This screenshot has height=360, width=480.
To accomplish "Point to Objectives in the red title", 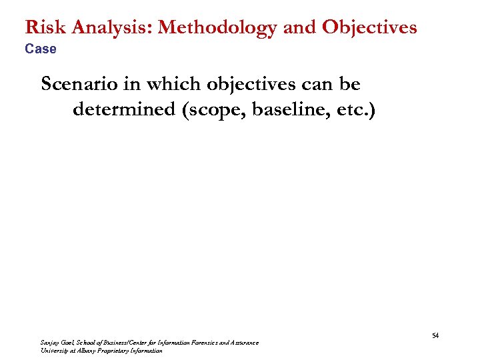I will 369,28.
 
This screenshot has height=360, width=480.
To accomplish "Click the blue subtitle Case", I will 41,49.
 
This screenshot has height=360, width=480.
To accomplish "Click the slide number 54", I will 435,335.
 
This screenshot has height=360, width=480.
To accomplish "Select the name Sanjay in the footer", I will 50,343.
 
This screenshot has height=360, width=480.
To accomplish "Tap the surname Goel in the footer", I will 69,343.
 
